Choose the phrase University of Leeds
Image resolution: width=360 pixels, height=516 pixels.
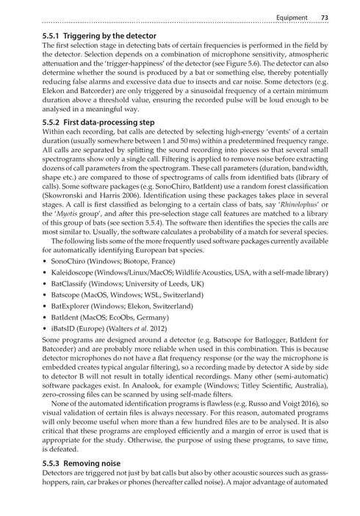(x=174, y=288)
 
